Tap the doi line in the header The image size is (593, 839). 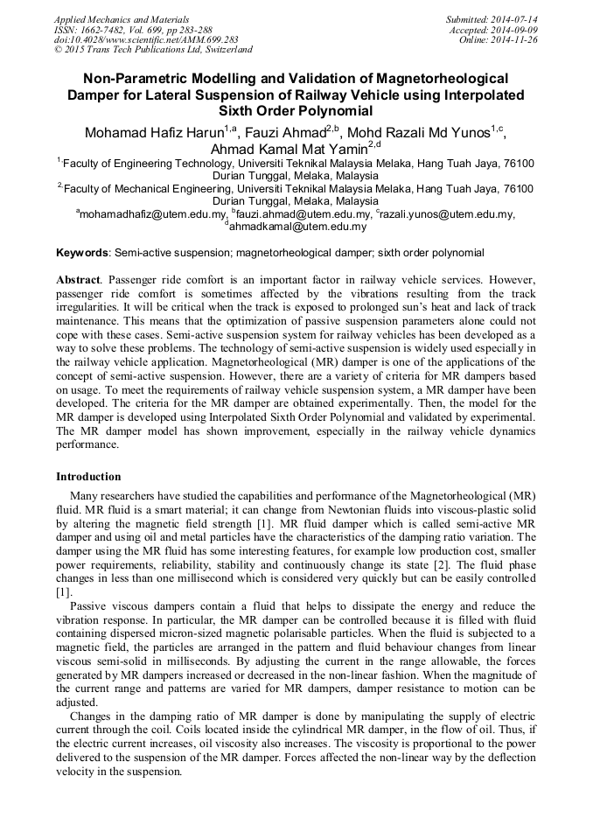[146, 39]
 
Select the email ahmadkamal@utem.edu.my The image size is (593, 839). [297, 227]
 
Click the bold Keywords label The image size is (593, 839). [82, 253]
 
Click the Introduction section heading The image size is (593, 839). [88, 477]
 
